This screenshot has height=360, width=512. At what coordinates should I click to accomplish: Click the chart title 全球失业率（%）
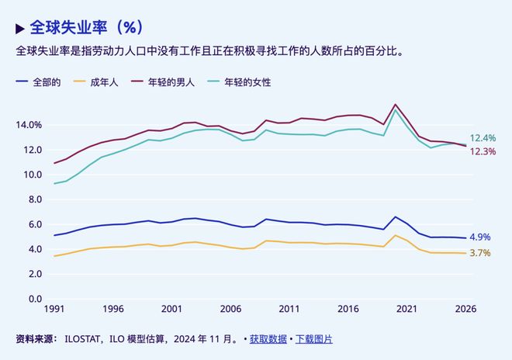click(x=85, y=28)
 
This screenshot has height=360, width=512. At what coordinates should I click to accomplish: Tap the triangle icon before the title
click(x=20, y=29)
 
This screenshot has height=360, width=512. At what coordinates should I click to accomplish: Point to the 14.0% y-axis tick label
click(x=29, y=125)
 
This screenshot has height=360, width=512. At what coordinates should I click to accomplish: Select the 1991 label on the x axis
click(x=54, y=309)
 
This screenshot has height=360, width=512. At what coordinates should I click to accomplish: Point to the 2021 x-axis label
click(x=406, y=309)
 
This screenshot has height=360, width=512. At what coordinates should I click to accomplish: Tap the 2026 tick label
click(x=465, y=309)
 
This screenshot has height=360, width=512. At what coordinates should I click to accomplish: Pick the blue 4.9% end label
click(x=479, y=237)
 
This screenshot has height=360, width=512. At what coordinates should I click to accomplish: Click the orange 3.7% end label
click(x=479, y=254)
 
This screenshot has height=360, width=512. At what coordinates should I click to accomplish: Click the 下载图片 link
click(x=313, y=339)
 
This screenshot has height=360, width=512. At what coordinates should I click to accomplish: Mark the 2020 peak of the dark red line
click(x=396, y=104)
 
